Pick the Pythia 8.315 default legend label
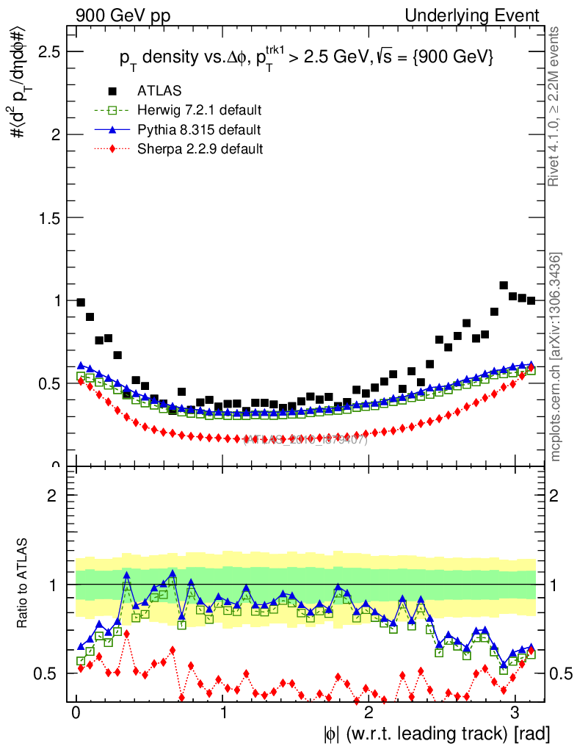click(198, 130)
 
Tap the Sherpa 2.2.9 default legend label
click(200, 149)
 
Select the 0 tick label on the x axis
click(76, 712)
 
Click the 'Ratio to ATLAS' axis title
click(24, 583)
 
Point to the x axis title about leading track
click(436, 734)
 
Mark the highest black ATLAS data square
click(504, 285)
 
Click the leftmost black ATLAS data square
click(81, 303)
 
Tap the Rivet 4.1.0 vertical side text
click(556, 106)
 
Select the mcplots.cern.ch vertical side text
click(556, 356)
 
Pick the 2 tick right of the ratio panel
click(556, 496)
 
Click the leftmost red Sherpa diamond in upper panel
click(81, 380)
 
